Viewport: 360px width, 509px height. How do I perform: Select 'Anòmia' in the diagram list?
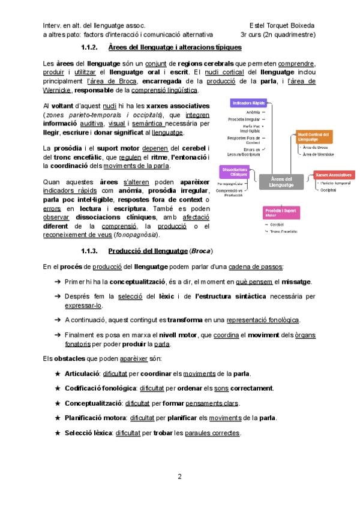[x=254, y=112]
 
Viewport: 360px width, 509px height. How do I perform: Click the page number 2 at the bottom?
[x=179, y=477]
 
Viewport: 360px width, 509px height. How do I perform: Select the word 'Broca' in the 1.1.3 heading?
[x=202, y=251]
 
